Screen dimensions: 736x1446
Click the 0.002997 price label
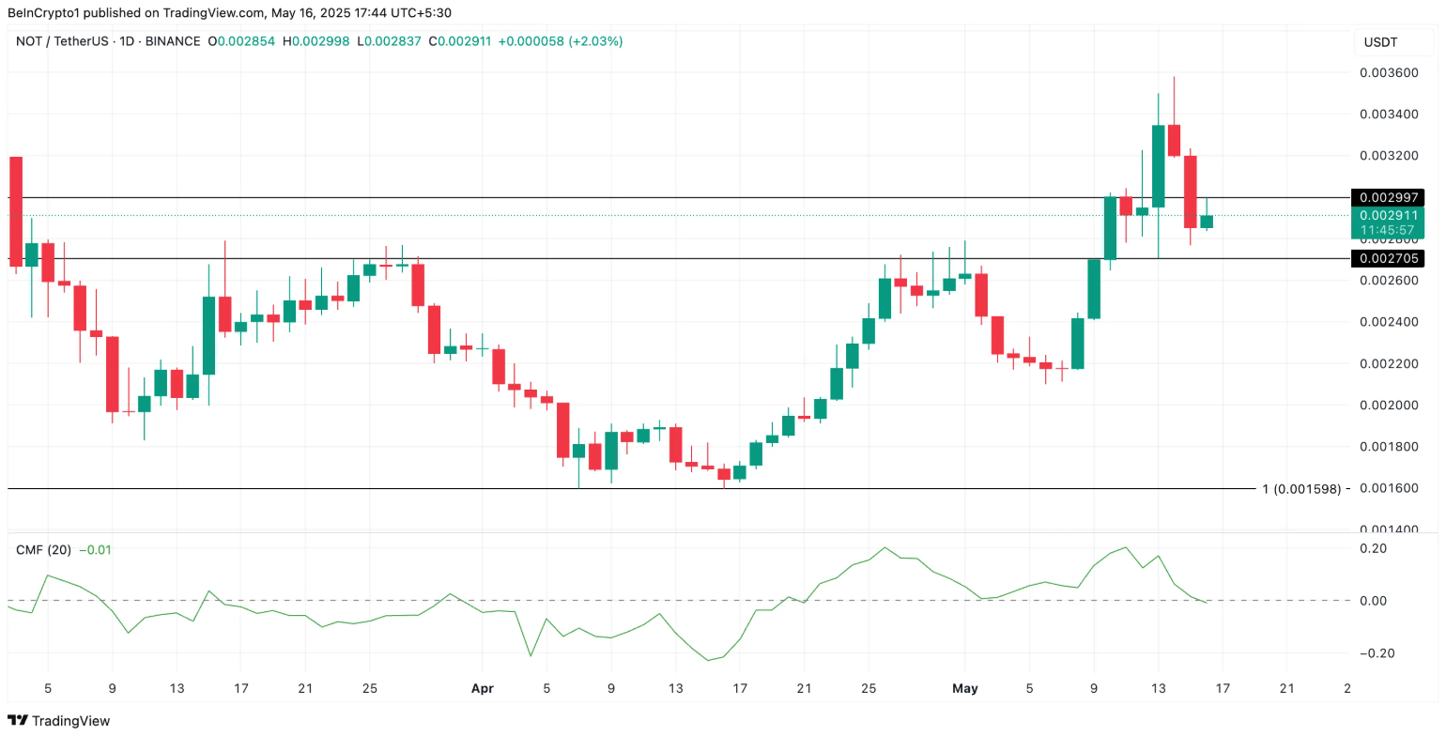[x=1387, y=197]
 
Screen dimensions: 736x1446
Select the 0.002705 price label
[x=1387, y=258]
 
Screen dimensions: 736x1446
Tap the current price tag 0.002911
[x=1387, y=215]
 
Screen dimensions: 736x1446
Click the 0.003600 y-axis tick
[x=1387, y=73]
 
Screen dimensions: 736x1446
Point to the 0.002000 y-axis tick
[x=1387, y=406]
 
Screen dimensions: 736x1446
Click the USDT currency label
[x=1379, y=42]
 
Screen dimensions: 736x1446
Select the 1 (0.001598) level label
[x=1306, y=489]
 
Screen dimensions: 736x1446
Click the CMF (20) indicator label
[x=44, y=549]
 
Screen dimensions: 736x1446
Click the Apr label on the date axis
[x=482, y=688]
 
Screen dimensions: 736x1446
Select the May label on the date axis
[x=964, y=688]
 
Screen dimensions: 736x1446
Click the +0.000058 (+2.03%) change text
[x=560, y=41]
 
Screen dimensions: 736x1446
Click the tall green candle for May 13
[x=1158, y=165]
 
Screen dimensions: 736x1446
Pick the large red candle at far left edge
[x=15, y=211]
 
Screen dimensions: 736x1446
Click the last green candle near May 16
[x=1206, y=222]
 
